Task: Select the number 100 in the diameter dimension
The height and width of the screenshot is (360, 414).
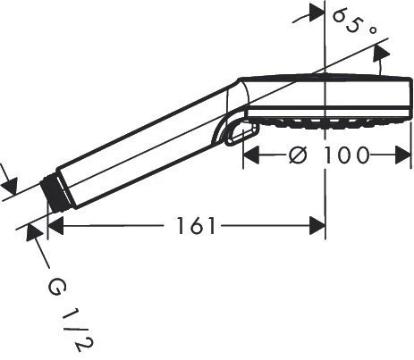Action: [346, 155]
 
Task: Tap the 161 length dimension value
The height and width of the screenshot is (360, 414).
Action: [195, 227]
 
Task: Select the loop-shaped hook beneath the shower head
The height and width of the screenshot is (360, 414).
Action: [237, 134]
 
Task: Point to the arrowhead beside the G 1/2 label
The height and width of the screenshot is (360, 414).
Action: [37, 233]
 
